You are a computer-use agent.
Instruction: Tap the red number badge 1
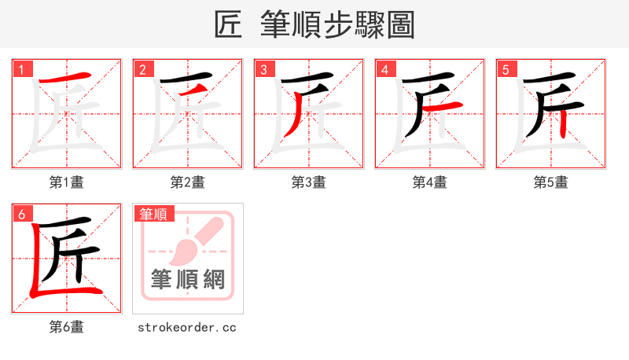pyautogui.click(x=21, y=69)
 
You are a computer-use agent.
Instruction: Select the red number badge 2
pyautogui.click(x=142, y=69)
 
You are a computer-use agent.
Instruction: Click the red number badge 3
pyautogui.click(x=263, y=69)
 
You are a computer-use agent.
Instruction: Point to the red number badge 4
pyautogui.click(x=384, y=69)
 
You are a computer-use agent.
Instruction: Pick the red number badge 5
pyautogui.click(x=506, y=69)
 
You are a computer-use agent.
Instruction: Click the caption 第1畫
pyautogui.click(x=66, y=182)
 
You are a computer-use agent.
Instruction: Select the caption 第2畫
pyautogui.click(x=187, y=182)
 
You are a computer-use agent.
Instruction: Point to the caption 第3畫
pyautogui.click(x=308, y=182)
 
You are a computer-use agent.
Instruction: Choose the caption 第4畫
pyautogui.click(x=429, y=182)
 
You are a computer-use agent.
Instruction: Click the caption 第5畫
pyautogui.click(x=550, y=182)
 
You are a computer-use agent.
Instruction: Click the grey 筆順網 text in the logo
pyautogui.click(x=187, y=280)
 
